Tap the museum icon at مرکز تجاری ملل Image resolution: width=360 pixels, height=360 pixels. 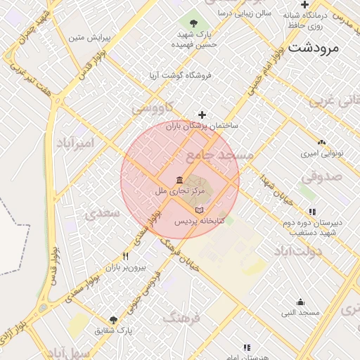point(180,179)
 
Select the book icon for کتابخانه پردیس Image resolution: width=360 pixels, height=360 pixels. point(199,210)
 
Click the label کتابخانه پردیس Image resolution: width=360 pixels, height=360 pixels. point(199,221)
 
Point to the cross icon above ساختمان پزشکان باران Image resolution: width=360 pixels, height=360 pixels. point(202,115)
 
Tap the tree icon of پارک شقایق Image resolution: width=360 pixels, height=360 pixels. point(114,320)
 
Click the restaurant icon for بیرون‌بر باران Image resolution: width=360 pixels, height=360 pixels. point(125,257)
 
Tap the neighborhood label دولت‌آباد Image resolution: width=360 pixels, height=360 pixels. point(297,251)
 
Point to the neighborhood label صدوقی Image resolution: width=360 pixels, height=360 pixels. point(323,176)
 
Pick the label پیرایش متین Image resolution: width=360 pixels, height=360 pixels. point(87,37)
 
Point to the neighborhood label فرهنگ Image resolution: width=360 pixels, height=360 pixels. point(181,319)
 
